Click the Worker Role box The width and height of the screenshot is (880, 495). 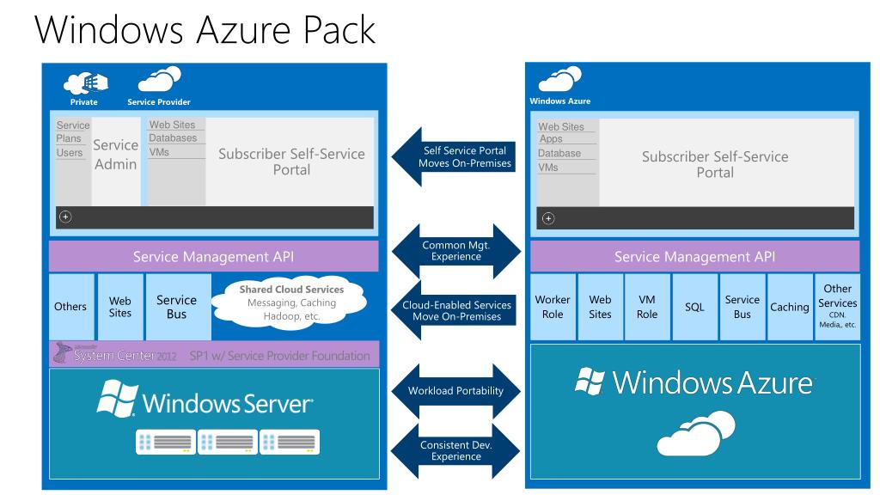[x=553, y=307]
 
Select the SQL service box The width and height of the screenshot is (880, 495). [x=694, y=307]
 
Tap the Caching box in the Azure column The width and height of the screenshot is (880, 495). [x=790, y=307]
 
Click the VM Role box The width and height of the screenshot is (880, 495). [x=647, y=307]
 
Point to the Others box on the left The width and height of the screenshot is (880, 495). [x=70, y=307]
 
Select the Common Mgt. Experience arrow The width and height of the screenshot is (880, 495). [x=456, y=250]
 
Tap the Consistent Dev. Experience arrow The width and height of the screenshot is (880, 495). [x=456, y=450]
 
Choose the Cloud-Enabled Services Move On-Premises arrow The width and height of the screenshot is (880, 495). [x=456, y=311]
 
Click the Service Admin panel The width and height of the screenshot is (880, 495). [x=115, y=155]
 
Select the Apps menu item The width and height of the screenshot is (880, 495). [x=551, y=139]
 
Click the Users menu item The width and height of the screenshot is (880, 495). [x=70, y=153]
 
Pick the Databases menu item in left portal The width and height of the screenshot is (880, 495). [x=173, y=138]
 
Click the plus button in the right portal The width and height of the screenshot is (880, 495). [x=549, y=217]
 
